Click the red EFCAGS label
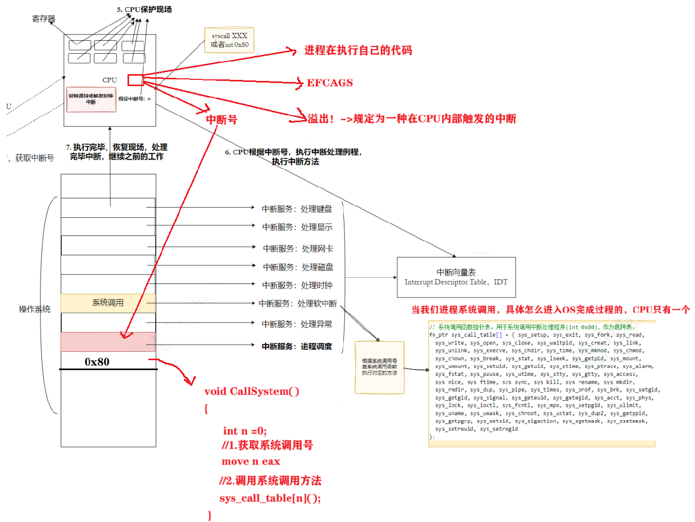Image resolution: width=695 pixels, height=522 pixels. click(329, 83)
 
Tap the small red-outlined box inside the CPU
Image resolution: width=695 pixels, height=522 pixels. click(135, 80)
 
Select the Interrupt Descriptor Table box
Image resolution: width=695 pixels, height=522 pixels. click(456, 277)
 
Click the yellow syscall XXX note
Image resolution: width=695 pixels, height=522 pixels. click(229, 40)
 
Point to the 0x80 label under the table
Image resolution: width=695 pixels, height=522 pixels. click(97, 362)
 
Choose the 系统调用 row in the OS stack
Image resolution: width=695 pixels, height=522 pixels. click(108, 303)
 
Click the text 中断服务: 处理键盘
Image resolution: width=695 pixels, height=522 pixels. click(297, 209)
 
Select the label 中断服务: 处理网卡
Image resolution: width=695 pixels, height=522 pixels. click(298, 248)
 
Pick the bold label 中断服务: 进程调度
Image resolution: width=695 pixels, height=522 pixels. click(297, 346)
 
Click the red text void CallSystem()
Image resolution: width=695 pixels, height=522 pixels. click(251, 391)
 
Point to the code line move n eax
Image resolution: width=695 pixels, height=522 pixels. click(251, 461)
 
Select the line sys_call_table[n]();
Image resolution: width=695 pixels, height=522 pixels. click(270, 498)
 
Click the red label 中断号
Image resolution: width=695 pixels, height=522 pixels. click(222, 120)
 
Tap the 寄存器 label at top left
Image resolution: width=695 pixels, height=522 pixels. click(43, 19)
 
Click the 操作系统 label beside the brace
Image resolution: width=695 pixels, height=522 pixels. click(34, 309)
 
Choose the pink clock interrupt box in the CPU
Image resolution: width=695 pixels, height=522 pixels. click(91, 99)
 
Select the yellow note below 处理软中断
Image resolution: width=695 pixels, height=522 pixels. click(379, 367)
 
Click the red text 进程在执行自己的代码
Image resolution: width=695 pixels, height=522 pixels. click(358, 50)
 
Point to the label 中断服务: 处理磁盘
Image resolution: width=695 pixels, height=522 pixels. click(298, 267)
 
